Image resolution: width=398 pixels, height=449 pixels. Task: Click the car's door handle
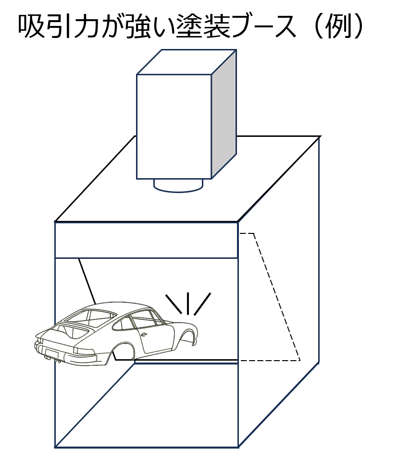coord(144,334)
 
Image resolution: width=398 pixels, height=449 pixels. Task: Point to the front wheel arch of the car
coord(188,332)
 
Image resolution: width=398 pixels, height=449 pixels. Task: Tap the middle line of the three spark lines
coord(188,303)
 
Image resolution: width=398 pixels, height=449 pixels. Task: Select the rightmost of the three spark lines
coord(202,304)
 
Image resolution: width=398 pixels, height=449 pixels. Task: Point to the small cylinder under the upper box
coord(178,185)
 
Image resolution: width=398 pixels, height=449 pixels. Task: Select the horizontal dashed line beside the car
coord(269,360)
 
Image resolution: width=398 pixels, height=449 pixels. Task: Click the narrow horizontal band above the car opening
coord(147,240)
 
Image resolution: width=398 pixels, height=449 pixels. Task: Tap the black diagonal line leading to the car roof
coord(87,281)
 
